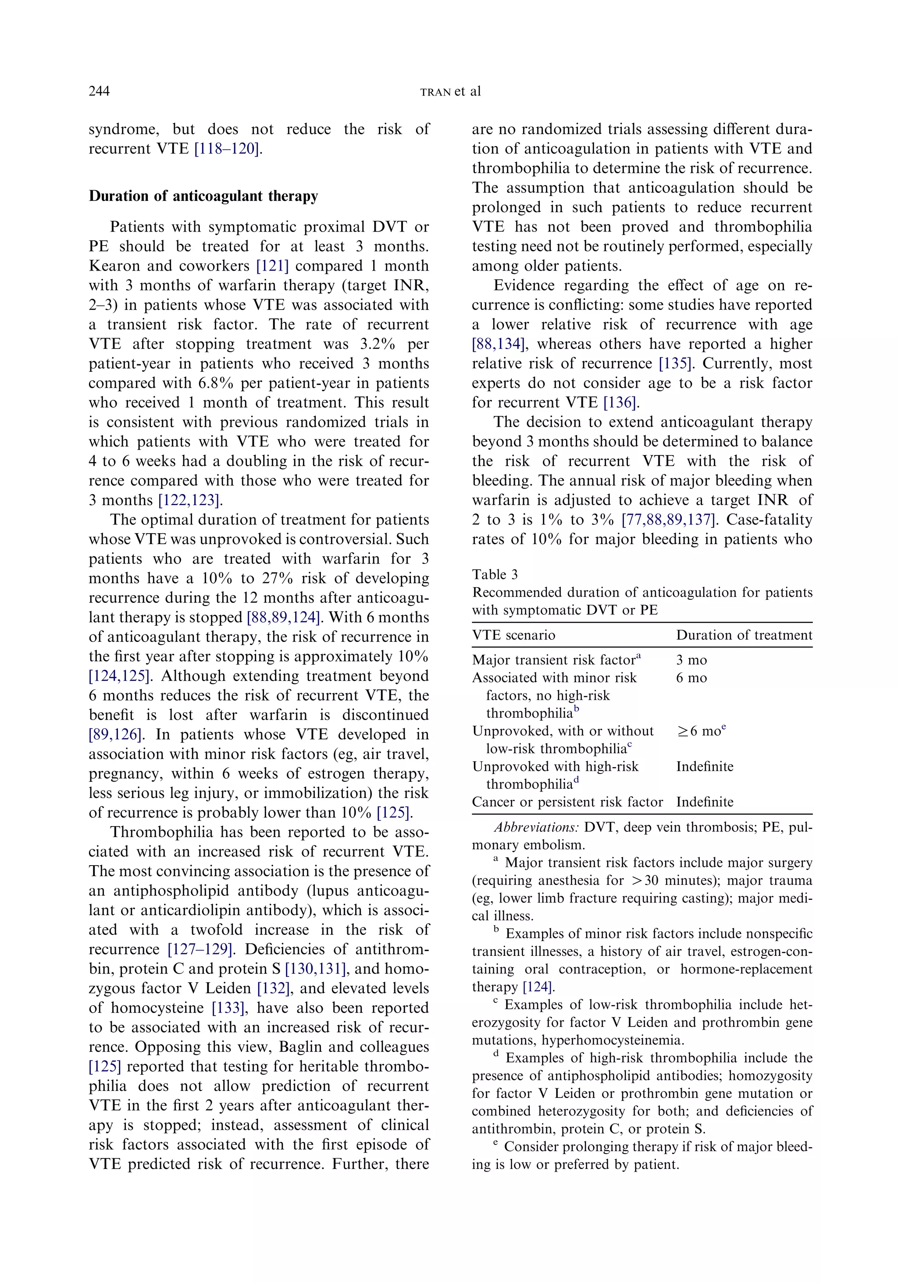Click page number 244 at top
pyautogui.click(x=99, y=91)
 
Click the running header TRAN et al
pyautogui.click(x=450, y=92)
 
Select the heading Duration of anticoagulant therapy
pyautogui.click(x=203, y=196)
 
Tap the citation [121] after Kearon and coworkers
pyautogui.click(x=272, y=266)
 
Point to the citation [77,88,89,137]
pyautogui.click(x=668, y=520)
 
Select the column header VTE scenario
pyautogui.click(x=513, y=635)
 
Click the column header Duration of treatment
pyautogui.click(x=744, y=635)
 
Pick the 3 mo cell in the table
pyautogui.click(x=691, y=660)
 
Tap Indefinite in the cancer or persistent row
pyautogui.click(x=704, y=802)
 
